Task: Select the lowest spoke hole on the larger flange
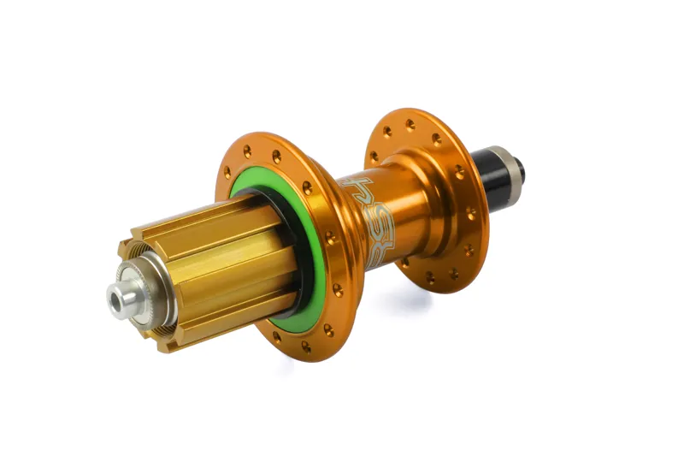(304, 346)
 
